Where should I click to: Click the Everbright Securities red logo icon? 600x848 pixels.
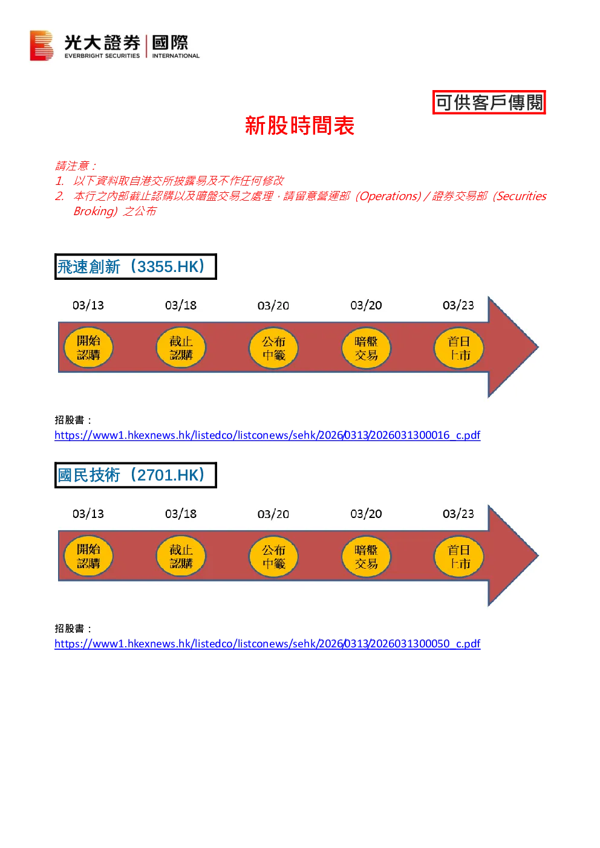(x=41, y=45)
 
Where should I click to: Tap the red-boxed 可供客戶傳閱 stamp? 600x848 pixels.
(x=489, y=102)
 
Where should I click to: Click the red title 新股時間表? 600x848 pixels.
(x=299, y=125)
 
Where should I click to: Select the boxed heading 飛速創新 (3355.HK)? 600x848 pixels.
(x=135, y=267)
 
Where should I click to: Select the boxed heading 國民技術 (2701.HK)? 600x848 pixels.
(x=135, y=475)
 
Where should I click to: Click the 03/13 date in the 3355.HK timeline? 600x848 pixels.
(x=88, y=305)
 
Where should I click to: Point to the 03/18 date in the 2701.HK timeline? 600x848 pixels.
(x=181, y=514)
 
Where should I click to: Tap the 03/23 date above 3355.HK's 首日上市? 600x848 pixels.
(x=458, y=305)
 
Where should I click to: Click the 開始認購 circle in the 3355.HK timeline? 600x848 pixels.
(x=88, y=348)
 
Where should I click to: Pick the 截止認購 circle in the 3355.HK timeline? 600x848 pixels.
(x=181, y=348)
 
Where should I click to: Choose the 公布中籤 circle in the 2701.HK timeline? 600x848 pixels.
(x=273, y=556)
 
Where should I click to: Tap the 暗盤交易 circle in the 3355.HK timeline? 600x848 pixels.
(x=366, y=348)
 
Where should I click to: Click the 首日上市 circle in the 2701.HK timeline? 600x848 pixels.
(x=458, y=556)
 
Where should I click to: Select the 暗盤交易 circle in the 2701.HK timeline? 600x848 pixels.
(x=366, y=556)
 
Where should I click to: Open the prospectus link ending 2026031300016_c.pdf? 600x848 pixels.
(x=267, y=435)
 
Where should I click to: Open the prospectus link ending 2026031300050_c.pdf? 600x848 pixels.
(x=267, y=644)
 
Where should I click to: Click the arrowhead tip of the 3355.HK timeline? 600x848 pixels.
(x=538, y=347)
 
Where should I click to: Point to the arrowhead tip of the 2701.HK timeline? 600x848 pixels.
(x=538, y=555)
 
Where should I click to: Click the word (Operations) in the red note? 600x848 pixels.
(x=388, y=196)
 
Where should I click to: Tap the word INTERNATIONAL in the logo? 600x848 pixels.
(x=176, y=56)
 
